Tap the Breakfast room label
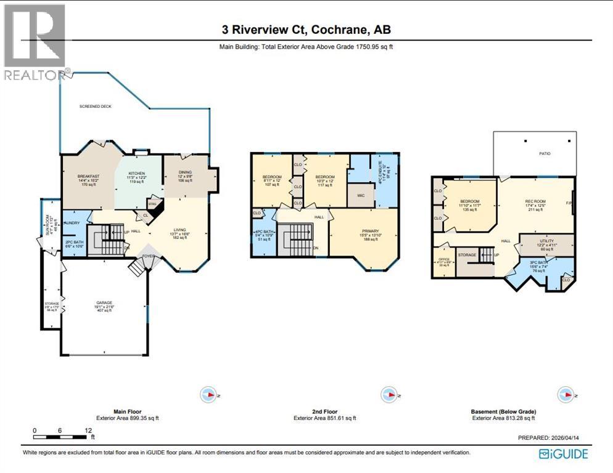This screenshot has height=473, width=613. click(x=89, y=176)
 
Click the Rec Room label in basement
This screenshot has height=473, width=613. click(x=535, y=201)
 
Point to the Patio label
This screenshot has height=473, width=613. click(x=545, y=153)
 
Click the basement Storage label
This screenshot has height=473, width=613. click(x=467, y=255)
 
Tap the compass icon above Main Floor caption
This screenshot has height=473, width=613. click(x=208, y=394)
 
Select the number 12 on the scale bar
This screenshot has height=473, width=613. click(x=89, y=430)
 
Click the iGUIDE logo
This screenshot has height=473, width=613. click(x=563, y=455)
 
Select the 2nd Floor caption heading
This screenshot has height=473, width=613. click(x=325, y=411)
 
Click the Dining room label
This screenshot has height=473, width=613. click(x=186, y=172)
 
